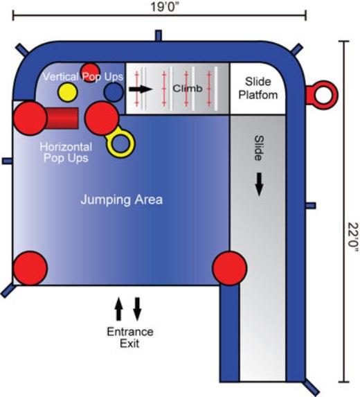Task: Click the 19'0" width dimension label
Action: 165,7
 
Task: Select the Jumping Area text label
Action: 122,200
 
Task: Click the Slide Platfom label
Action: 258,89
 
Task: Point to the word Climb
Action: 188,89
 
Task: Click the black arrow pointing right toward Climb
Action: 141,89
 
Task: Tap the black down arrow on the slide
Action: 259,184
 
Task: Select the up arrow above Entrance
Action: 118,309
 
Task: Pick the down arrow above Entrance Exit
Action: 137,309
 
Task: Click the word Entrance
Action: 130,332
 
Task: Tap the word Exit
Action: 129,344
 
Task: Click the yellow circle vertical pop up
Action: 67,92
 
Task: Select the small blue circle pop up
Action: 114,92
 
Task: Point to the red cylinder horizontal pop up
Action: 62,118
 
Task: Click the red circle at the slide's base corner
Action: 229,268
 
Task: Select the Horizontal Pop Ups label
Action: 66,152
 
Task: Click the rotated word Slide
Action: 258,148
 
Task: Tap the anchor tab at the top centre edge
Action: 159,35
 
